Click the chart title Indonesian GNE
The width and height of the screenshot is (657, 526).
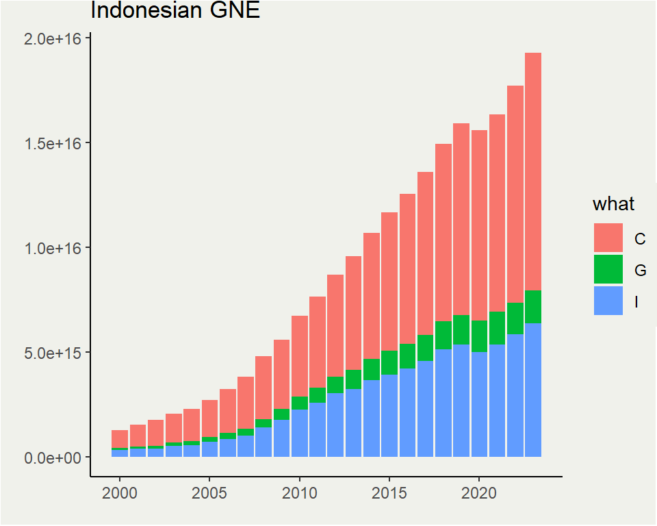(x=175, y=11)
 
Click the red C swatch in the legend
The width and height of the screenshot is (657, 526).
(x=608, y=238)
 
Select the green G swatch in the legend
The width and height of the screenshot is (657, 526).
(x=608, y=269)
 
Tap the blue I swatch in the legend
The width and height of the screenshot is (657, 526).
(x=608, y=301)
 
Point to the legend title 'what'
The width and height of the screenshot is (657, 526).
(x=613, y=204)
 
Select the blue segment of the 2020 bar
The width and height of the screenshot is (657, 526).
(x=479, y=404)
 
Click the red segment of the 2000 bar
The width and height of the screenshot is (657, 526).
(x=120, y=439)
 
